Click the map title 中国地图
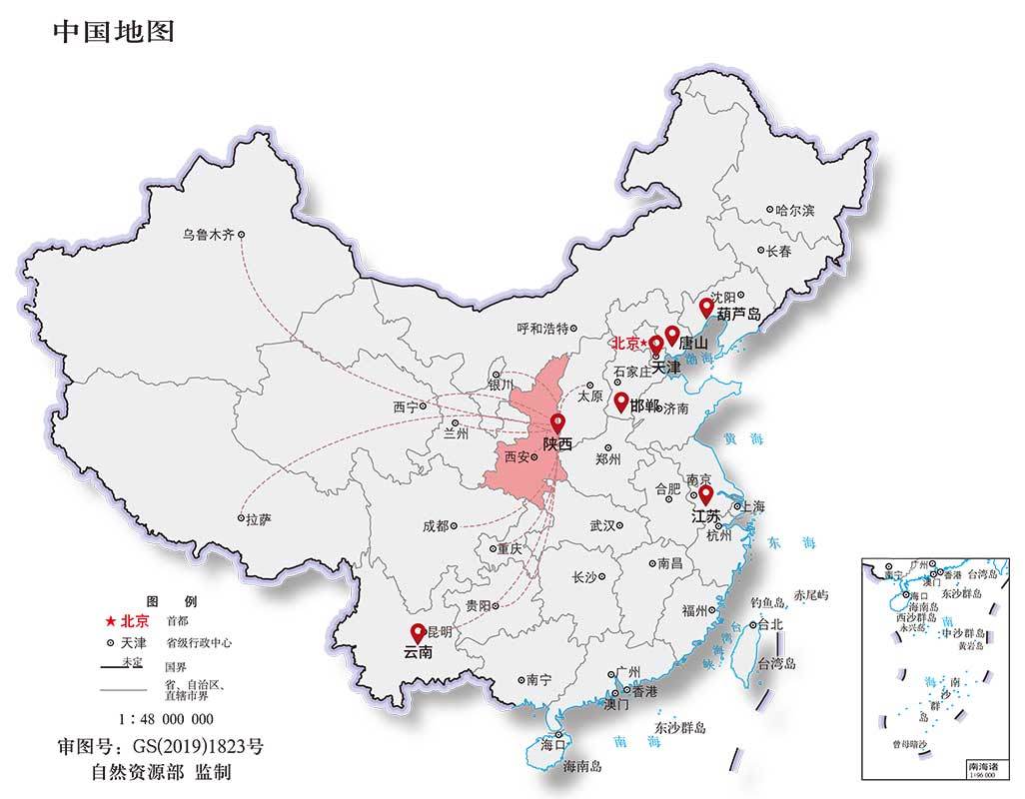click(113, 32)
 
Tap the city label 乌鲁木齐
click(208, 236)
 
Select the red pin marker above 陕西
click(556, 423)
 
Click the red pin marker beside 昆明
click(417, 632)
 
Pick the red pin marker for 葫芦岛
click(705, 307)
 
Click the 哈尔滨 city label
click(795, 211)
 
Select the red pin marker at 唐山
click(672, 335)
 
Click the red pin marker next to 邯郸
click(620, 401)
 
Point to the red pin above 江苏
click(704, 494)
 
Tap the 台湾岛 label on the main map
click(776, 663)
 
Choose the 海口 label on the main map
click(552, 744)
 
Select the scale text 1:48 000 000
click(166, 719)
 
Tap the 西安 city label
click(516, 457)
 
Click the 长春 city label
click(778, 252)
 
